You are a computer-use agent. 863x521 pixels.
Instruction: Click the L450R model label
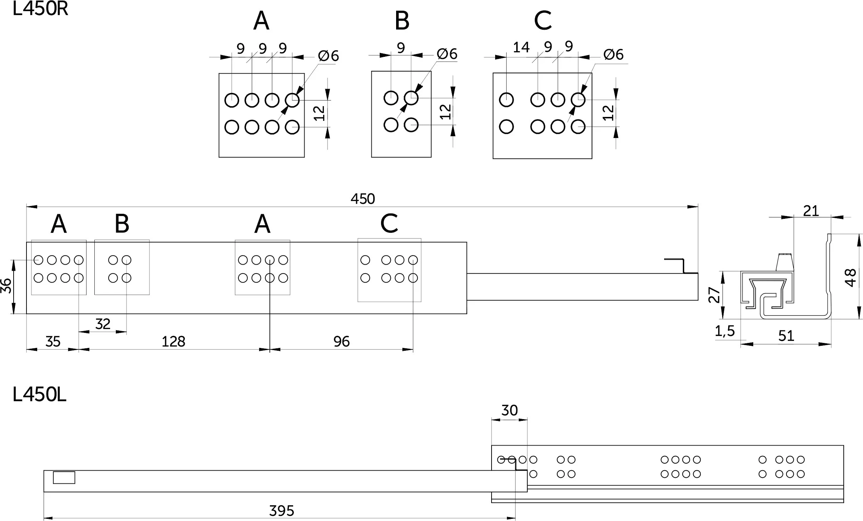(x=40, y=9)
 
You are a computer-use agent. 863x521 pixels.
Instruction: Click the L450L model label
(x=39, y=395)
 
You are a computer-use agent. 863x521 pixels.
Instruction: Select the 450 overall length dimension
(x=363, y=199)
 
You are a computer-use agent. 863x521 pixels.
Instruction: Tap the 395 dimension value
(x=281, y=511)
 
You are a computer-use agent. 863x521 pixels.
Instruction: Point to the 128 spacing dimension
(x=173, y=341)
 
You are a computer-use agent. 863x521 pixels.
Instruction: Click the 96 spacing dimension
(x=341, y=341)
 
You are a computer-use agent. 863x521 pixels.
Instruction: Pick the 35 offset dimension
(x=53, y=341)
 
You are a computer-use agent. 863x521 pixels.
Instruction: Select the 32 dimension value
(x=103, y=324)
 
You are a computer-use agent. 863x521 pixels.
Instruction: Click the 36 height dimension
(x=6, y=286)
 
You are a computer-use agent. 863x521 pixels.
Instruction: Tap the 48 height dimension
(x=850, y=277)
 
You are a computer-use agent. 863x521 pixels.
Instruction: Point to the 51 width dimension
(x=786, y=336)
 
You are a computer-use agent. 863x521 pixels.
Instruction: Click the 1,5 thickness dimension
(x=725, y=331)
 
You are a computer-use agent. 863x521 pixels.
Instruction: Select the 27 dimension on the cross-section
(x=714, y=295)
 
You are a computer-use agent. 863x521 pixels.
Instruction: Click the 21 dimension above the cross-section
(x=811, y=211)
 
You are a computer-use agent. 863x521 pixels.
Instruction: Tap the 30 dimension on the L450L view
(x=509, y=410)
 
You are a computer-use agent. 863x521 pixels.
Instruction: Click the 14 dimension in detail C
(x=521, y=47)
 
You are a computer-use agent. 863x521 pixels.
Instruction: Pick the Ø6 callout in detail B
(x=447, y=54)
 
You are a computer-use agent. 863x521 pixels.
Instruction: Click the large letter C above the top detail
(x=543, y=20)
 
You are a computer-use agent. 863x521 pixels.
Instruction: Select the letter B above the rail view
(x=122, y=223)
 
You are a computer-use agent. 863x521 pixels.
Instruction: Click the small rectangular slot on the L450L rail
(x=64, y=478)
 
